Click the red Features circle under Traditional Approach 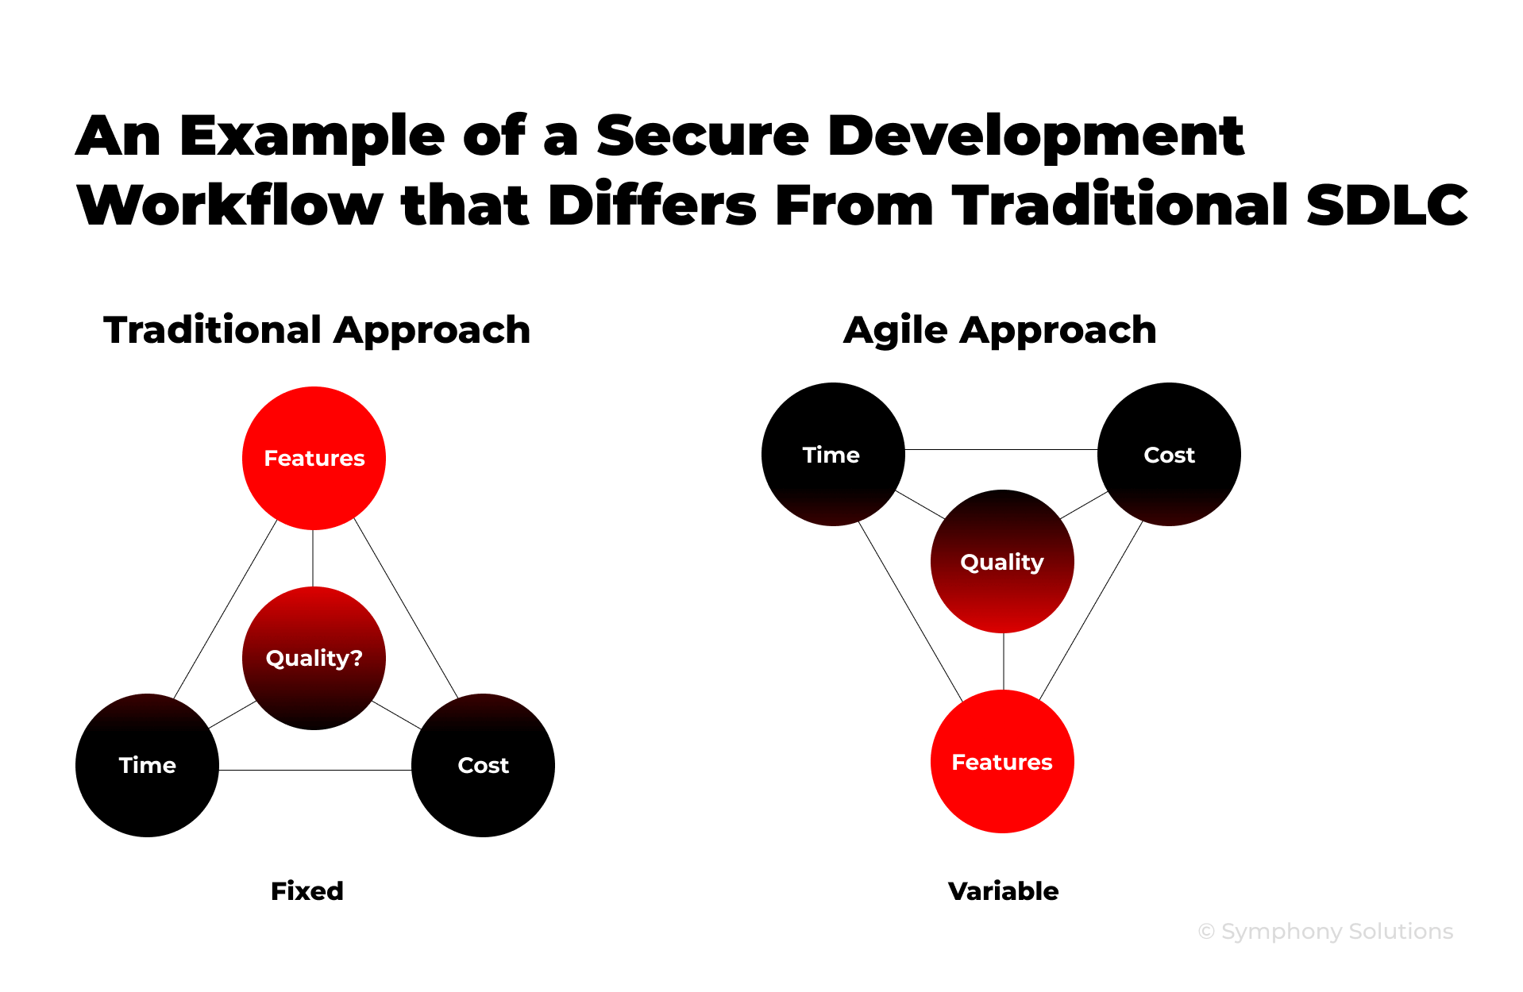tap(314, 458)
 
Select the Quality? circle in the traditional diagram tap(314, 658)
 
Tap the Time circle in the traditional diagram tap(147, 765)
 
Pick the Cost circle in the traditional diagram tap(483, 765)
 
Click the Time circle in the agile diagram tap(832, 454)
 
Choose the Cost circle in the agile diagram tap(1169, 454)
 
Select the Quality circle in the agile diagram tap(1002, 562)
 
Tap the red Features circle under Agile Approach tap(1002, 762)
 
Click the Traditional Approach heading tap(317, 330)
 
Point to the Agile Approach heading tap(1000, 330)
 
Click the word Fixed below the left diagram tap(307, 890)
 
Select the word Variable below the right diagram tap(1003, 890)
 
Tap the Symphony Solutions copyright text tap(1325, 931)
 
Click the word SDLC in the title tap(1386, 205)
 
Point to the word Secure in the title tap(702, 136)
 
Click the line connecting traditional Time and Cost tap(314, 770)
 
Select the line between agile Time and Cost tap(1001, 449)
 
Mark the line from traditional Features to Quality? tap(313, 558)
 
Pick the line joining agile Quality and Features tap(1004, 661)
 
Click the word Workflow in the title tap(229, 205)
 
